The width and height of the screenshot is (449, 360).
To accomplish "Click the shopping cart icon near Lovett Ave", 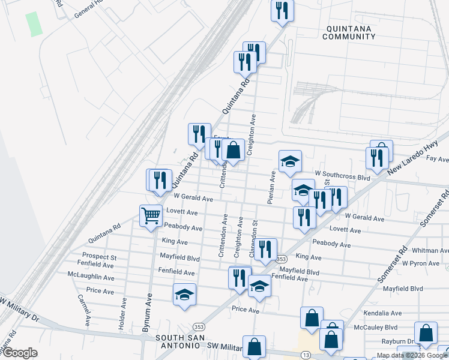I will pos(151,215).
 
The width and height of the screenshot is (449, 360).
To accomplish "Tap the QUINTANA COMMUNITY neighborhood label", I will pos(348,32).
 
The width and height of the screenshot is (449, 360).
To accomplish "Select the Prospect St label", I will pos(99,256).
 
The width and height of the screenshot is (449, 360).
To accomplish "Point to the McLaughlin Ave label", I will pos(91,277).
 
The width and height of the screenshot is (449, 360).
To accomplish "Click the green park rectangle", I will pos(34,23).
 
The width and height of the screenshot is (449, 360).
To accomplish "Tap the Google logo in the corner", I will pos(20,353).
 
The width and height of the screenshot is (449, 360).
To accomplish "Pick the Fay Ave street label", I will pos(436,159).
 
